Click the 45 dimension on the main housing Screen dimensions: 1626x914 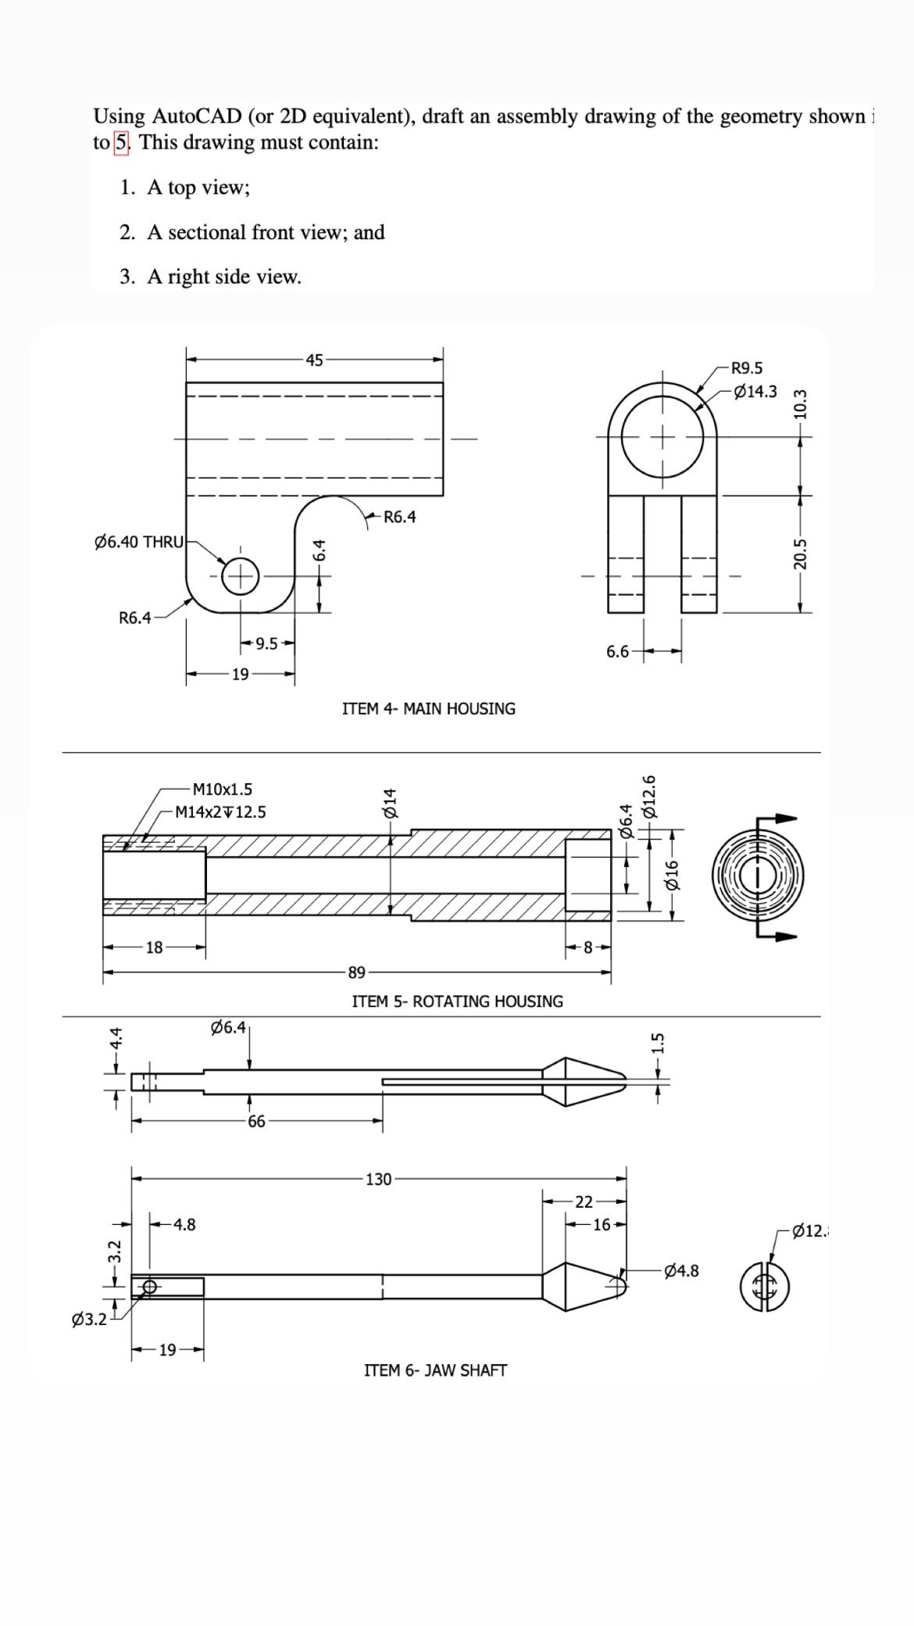coord(314,360)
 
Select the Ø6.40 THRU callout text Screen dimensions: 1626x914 coord(138,542)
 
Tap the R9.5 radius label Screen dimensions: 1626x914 coord(747,368)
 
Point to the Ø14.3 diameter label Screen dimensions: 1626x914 coord(755,391)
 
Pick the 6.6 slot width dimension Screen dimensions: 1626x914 coord(617,651)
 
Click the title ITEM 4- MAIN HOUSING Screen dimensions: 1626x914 coord(429,709)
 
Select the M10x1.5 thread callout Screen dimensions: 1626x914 coord(222,790)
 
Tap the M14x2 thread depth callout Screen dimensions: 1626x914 coord(220,812)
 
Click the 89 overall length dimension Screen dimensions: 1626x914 coord(356,972)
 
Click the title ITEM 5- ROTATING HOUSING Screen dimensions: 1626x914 coord(457,1001)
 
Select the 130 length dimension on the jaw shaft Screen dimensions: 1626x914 coord(378,1180)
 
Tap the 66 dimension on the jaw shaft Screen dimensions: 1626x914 coord(256,1122)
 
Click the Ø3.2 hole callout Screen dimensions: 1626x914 coord(88,1320)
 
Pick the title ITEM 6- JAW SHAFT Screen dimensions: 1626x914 coord(435,1370)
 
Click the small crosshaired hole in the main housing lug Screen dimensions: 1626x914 coord(241,577)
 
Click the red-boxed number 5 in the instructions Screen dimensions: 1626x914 coord(121,143)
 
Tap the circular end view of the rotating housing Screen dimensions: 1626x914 coord(757,876)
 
